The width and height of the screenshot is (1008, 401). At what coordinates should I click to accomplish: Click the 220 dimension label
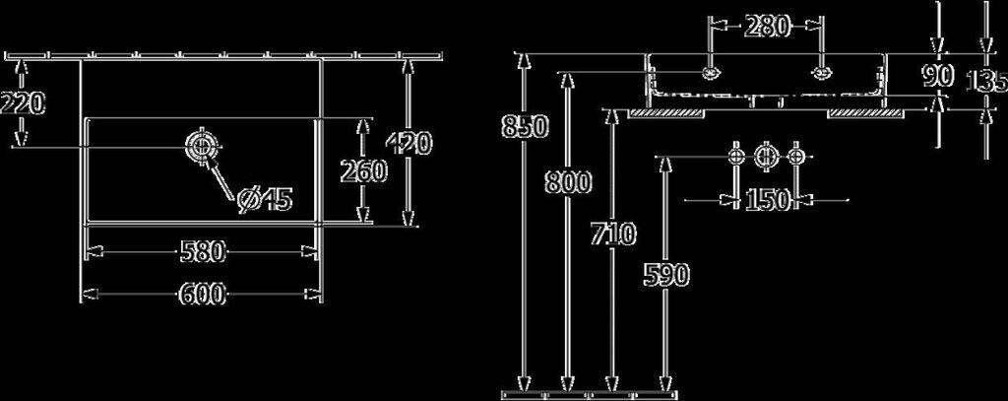[22, 101]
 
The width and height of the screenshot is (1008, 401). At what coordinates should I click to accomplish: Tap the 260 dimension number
[361, 172]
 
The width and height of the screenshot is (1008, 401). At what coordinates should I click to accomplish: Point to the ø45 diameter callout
[265, 199]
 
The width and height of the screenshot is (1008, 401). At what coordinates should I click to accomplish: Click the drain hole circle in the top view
[199, 147]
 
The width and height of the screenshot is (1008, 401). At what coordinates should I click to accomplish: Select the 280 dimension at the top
[767, 28]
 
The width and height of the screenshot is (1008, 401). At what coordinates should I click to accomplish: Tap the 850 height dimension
[520, 126]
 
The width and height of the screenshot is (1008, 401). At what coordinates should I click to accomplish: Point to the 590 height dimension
[666, 275]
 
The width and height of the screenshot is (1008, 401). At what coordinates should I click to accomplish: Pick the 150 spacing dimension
[767, 200]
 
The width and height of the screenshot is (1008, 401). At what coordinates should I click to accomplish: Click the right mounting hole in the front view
[822, 72]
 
